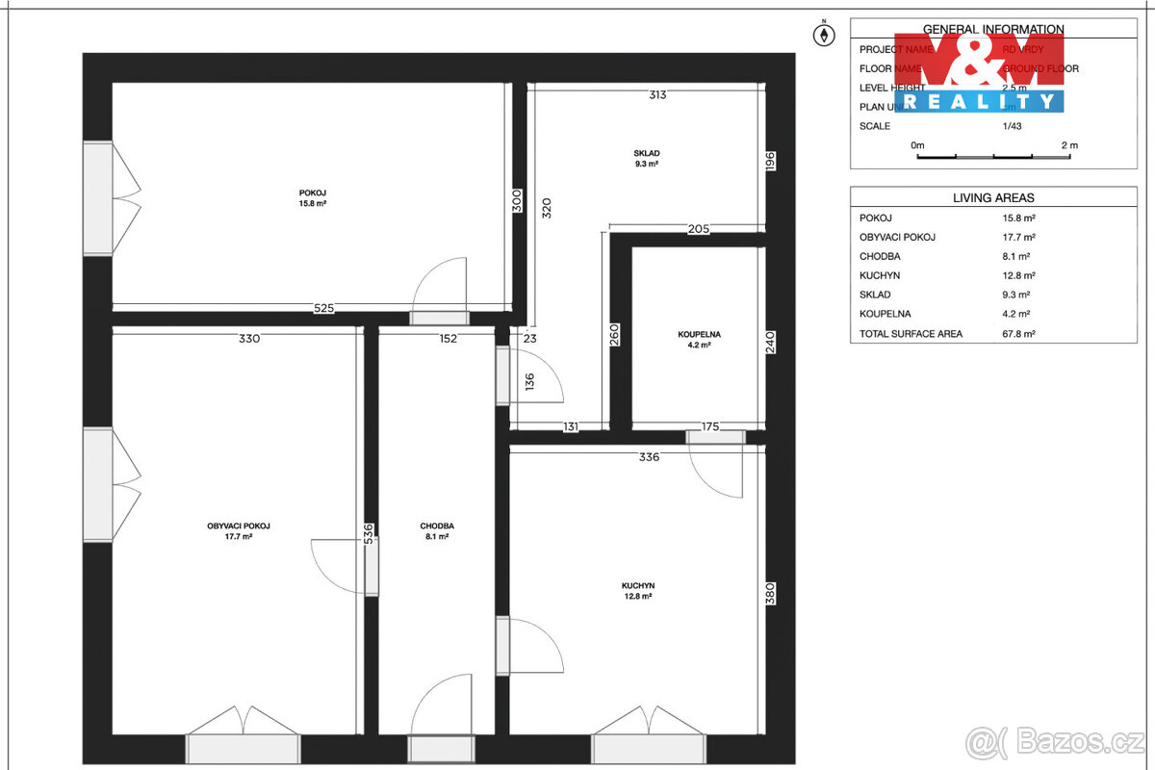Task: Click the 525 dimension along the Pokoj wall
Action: click(x=323, y=309)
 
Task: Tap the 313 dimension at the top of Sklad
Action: click(x=657, y=94)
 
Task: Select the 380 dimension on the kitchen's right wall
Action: click(x=770, y=594)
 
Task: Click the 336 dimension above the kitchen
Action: click(x=649, y=457)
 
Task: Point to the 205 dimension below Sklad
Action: click(x=699, y=229)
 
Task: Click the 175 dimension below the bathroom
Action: click(x=710, y=426)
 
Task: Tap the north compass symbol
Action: click(x=824, y=36)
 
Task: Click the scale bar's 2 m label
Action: click(x=1069, y=145)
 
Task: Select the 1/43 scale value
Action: click(x=1014, y=126)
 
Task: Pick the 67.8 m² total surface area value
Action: click(x=1019, y=334)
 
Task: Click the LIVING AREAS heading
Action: click(x=993, y=197)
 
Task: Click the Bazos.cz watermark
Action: click(x=1056, y=743)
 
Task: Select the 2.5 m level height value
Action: click(x=1014, y=88)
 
